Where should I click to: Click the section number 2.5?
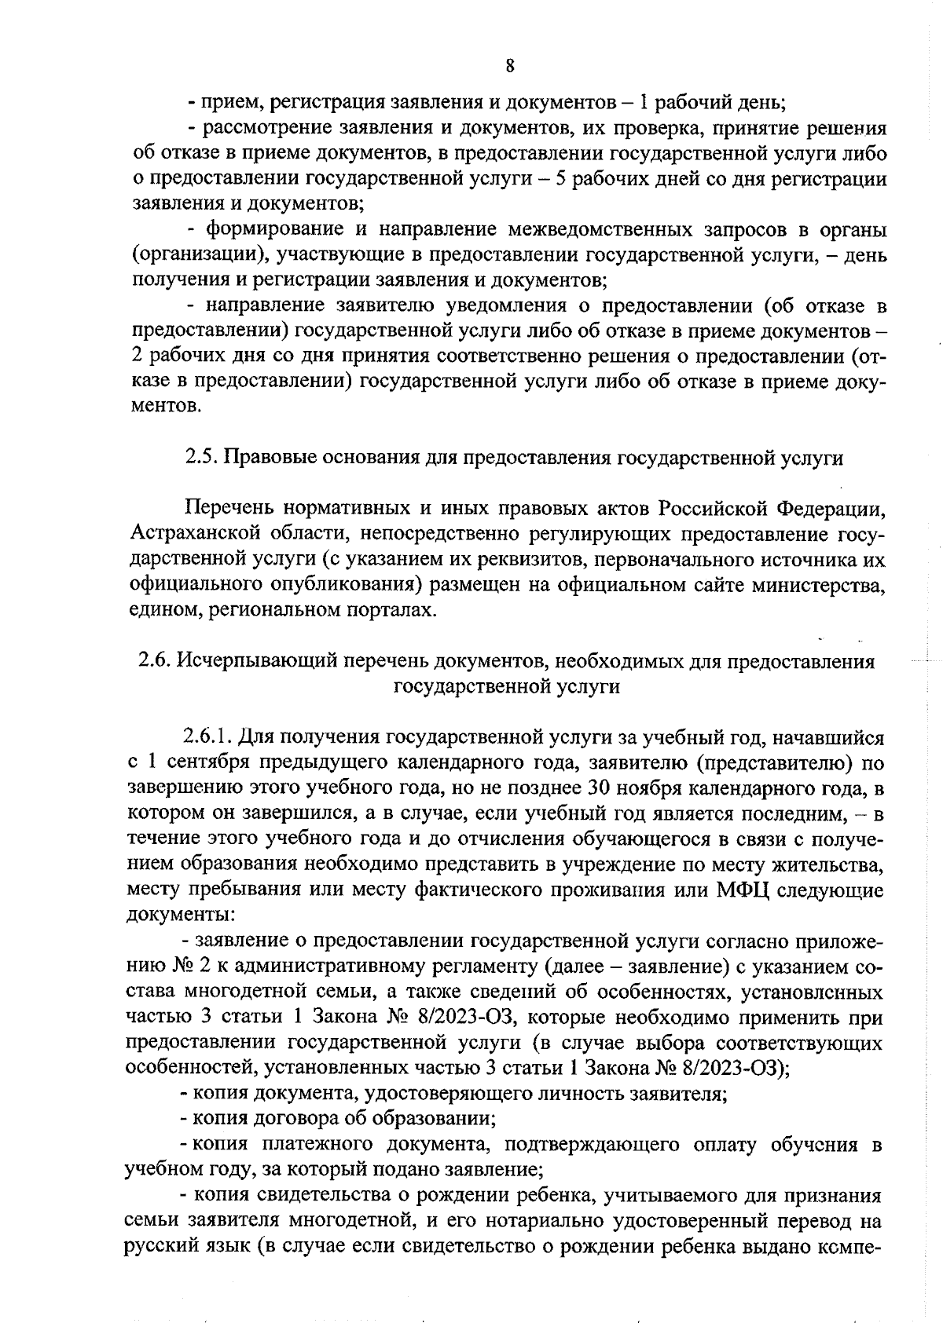[x=201, y=458]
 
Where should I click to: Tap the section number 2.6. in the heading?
[x=155, y=661]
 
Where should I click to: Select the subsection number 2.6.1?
[x=207, y=738]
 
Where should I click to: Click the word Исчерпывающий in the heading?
[x=248, y=661]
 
